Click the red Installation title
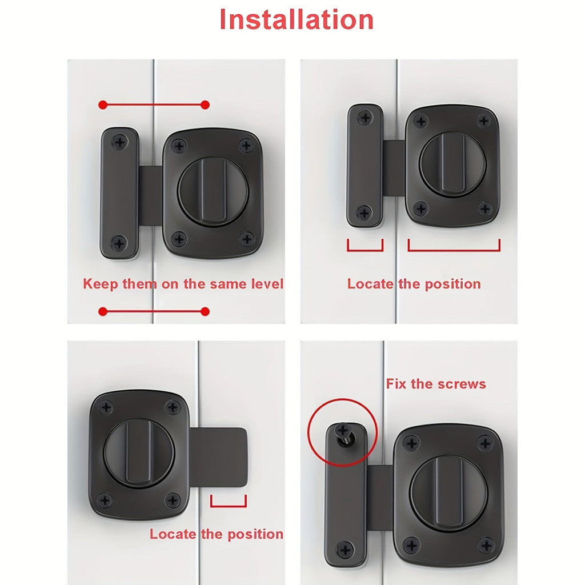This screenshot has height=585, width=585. pyautogui.click(x=296, y=19)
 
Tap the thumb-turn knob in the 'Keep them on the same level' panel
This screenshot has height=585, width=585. pyautogui.click(x=213, y=192)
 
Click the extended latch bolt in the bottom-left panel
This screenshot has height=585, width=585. pyautogui.click(x=219, y=457)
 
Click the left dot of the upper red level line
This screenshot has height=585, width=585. pyautogui.click(x=103, y=105)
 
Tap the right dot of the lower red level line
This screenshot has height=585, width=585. pyautogui.click(x=205, y=311)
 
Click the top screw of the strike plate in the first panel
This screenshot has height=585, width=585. pyautogui.click(x=120, y=142)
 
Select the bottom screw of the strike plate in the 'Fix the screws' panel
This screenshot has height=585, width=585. pyautogui.click(x=345, y=550)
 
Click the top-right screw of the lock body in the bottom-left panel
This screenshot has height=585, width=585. pyautogui.click(x=173, y=407)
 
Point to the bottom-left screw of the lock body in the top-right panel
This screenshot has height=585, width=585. pyautogui.click(x=421, y=209)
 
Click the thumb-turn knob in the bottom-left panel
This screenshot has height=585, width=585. pyautogui.click(x=139, y=453)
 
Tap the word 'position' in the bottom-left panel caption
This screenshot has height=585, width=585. pyautogui.click(x=255, y=534)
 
